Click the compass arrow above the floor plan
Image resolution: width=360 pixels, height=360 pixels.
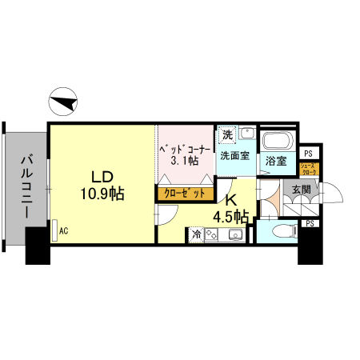coord(63,102)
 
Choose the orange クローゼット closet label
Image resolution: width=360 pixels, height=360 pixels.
coord(184,193)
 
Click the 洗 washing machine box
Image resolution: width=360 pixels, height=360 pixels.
coord(227,134)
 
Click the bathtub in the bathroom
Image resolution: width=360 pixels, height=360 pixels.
coord(278,142)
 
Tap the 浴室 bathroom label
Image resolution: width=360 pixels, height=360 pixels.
coord(276,162)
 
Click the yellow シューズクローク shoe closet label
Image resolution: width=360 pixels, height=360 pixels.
coord(309,170)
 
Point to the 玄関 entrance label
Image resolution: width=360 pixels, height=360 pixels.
coord(301,190)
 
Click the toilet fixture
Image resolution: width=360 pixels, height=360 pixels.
coord(280,232)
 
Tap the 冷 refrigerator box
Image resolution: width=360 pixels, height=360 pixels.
coord(197,235)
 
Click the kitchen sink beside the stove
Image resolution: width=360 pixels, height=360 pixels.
coord(236,235)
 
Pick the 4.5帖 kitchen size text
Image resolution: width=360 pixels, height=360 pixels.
coord(230,216)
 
